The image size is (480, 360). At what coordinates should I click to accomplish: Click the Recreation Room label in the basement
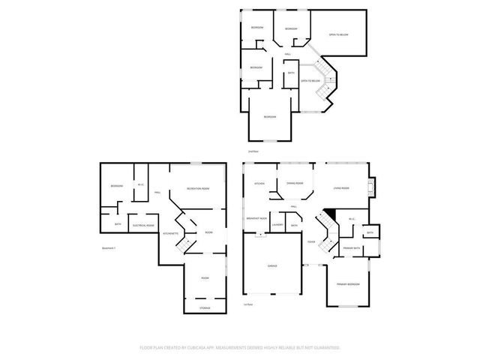coord(198,188)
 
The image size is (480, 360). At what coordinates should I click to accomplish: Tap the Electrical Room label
coord(143,225)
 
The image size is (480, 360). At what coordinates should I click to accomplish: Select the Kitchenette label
coord(170,233)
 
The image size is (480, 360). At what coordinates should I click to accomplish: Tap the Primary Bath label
coord(352,247)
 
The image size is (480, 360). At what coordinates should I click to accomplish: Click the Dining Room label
coord(295,183)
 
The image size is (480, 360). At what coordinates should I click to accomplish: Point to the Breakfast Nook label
coord(257,217)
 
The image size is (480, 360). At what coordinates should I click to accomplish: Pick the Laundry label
coord(277,225)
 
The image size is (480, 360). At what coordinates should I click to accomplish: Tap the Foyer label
coord(310,241)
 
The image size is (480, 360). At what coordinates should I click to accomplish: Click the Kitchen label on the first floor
coord(259,184)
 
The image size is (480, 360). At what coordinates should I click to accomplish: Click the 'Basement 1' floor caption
coord(108,248)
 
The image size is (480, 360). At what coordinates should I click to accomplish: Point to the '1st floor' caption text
coord(247,304)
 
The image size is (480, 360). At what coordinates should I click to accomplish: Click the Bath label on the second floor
coord(291,73)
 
